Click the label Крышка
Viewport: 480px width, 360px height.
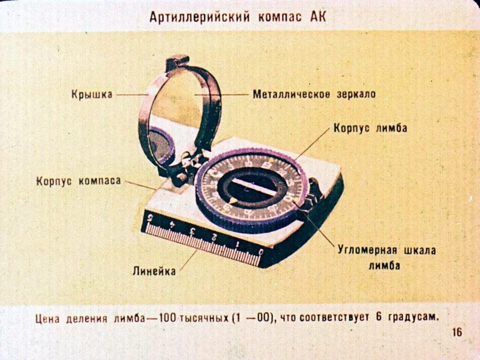coord(92,94)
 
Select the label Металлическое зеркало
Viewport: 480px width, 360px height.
coord(314,94)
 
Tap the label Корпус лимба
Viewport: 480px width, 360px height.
coord(370,128)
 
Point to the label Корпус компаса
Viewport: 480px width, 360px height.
coord(79,181)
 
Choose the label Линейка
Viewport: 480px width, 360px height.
coord(154,270)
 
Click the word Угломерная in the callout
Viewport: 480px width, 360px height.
coord(367,250)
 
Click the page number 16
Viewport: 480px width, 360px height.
coord(457,332)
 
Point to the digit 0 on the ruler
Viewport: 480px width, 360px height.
coord(261,252)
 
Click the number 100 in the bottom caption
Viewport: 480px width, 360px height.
coord(167,318)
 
